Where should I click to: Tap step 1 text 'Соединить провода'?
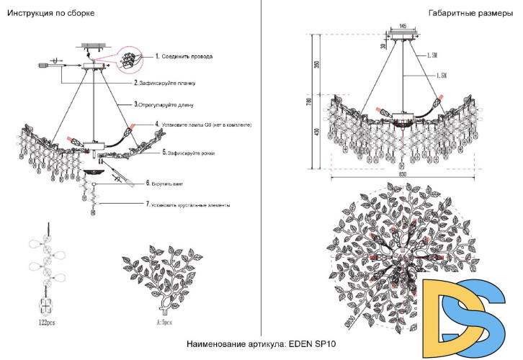pyautogui.click(x=186, y=55)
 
